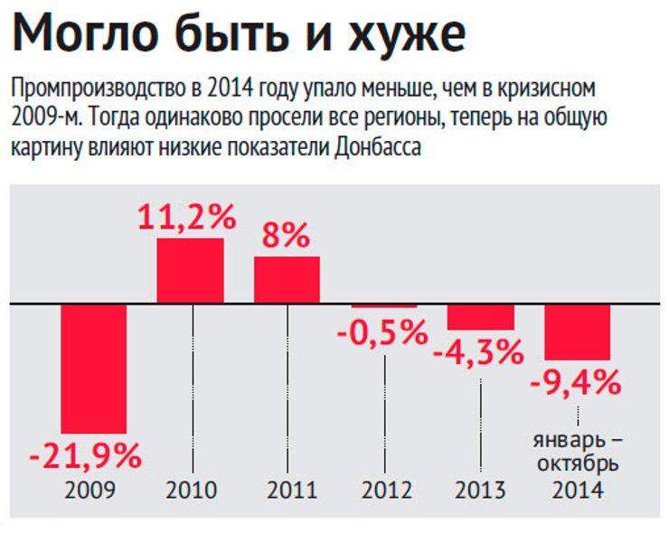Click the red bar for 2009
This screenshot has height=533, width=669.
93,368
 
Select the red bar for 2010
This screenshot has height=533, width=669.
190,270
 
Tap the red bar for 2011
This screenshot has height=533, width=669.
287,279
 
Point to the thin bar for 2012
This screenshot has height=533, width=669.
384,306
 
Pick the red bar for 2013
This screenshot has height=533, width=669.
481,316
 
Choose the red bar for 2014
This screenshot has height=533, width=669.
578,332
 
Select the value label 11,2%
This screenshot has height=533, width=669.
187,218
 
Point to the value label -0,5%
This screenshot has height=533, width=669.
382,332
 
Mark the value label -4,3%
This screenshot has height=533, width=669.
479,351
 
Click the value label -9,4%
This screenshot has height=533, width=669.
576,383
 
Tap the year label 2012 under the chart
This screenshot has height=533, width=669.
387,491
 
